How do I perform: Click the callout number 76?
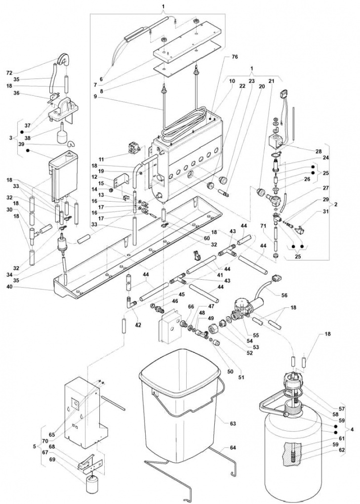tap(235, 57)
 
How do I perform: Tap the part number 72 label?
tap(10, 73)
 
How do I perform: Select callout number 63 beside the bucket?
tap(233, 423)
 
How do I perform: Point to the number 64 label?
tap(233, 448)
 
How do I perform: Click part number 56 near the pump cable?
tap(284, 295)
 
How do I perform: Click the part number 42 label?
tap(138, 325)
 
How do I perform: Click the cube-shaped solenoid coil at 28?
tap(276, 141)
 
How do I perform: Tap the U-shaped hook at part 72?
tap(64, 59)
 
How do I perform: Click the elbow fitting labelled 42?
tap(131, 302)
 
